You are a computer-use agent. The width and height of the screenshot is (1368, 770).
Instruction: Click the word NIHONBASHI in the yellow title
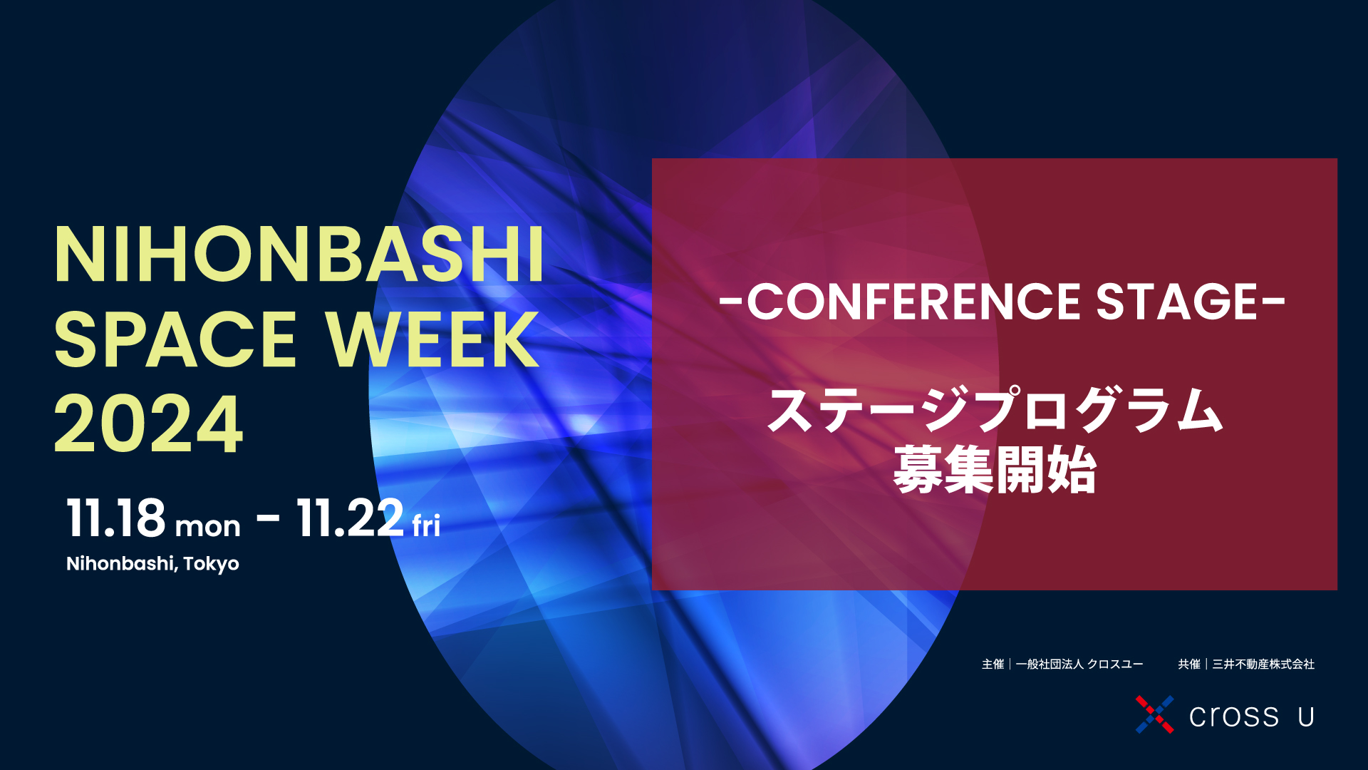[299, 255]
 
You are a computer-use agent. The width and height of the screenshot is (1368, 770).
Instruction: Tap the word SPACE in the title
[175, 340]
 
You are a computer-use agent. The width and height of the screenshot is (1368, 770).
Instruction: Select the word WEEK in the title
[432, 340]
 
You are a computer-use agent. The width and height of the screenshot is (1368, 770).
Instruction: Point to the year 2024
[148, 425]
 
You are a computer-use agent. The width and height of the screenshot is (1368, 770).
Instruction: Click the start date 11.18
[116, 518]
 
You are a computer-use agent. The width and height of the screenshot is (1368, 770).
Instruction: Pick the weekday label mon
[207, 527]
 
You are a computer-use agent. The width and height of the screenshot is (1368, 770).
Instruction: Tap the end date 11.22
[350, 518]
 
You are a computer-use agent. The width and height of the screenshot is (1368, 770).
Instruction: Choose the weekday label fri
[426, 526]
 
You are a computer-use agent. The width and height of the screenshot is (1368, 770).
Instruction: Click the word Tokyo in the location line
[211, 564]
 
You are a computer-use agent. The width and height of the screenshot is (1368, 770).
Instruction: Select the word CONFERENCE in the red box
[914, 302]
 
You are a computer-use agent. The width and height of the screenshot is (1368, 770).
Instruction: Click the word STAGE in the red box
[1176, 302]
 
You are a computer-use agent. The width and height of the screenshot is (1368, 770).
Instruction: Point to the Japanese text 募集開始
[995, 470]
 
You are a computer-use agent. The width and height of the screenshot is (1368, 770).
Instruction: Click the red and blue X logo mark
[1154, 714]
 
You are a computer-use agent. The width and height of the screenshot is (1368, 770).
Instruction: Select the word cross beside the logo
[1234, 717]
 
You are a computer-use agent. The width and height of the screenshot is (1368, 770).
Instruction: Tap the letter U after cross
[1306, 717]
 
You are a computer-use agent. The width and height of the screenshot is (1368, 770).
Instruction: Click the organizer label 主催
[993, 664]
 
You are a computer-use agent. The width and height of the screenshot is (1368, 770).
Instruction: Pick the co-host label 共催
[1188, 664]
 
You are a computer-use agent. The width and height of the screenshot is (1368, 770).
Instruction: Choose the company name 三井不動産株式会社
[1263, 664]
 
